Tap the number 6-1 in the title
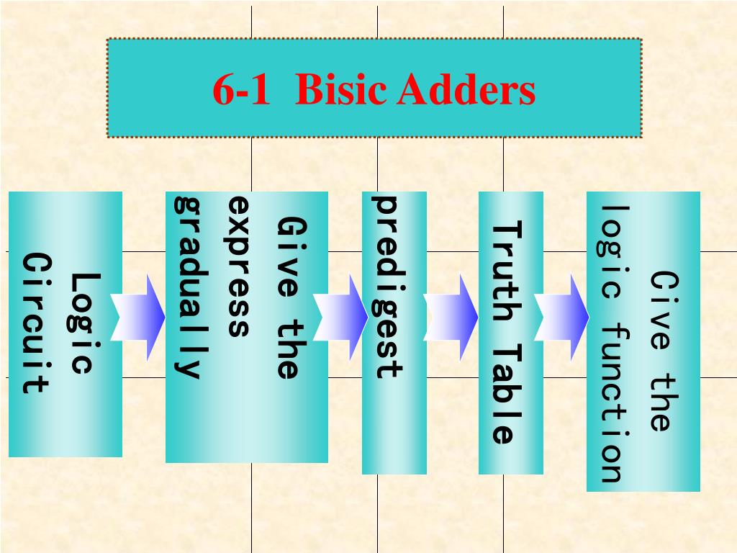[x=240, y=91]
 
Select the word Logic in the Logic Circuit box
[x=84, y=323]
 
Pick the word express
[x=238, y=266]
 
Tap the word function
[x=610, y=403]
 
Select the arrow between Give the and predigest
[x=341, y=317]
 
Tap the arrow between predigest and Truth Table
[x=451, y=317]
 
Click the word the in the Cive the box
[x=661, y=403]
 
